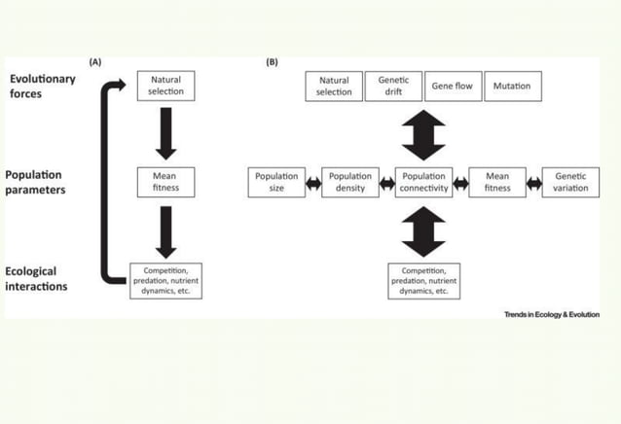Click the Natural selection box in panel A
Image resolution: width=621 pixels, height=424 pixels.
click(x=165, y=86)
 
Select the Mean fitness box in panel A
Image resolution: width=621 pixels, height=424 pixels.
click(x=165, y=182)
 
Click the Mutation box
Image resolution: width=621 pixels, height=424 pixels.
click(x=512, y=86)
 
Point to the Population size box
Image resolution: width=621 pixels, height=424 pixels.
click(x=276, y=182)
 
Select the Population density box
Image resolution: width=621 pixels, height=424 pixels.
click(x=350, y=182)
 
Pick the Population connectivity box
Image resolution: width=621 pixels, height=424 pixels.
click(x=423, y=182)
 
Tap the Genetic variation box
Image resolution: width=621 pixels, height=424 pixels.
click(x=570, y=182)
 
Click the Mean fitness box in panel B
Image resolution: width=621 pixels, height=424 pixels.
click(x=497, y=182)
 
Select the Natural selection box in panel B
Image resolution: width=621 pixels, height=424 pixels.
click(x=334, y=86)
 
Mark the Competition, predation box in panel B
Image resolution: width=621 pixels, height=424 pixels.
click(x=423, y=280)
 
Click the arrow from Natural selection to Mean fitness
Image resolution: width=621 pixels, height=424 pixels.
click(x=165, y=133)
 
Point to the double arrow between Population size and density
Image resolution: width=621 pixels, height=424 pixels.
click(x=313, y=183)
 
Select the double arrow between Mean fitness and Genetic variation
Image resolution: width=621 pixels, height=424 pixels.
click(x=533, y=183)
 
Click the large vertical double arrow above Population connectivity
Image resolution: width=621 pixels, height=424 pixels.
click(x=423, y=134)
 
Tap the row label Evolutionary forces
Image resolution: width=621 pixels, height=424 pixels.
click(x=43, y=86)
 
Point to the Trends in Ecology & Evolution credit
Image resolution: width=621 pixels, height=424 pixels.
click(x=551, y=314)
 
